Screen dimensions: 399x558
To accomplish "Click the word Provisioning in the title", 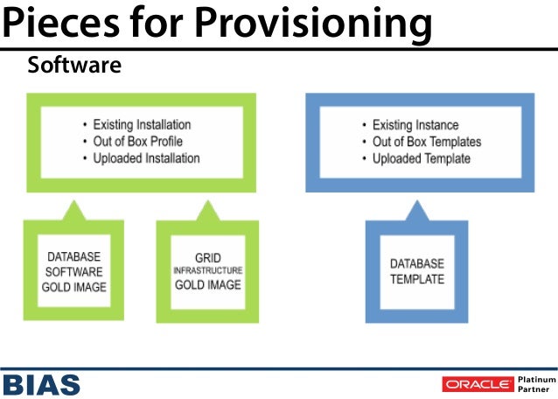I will pyautogui.click(x=314, y=24).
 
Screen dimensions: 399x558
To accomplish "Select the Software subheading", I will pyautogui.click(x=74, y=66).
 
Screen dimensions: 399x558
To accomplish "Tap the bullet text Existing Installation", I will pyautogui.click(x=142, y=125).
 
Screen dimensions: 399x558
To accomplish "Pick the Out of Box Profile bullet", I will pyautogui.click(x=138, y=142).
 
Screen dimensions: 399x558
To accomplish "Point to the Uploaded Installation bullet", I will pyautogui.click(x=147, y=158).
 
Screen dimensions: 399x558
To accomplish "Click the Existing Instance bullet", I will pyautogui.click(x=415, y=125).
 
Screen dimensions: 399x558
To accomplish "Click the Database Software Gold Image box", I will pyautogui.click(x=74, y=272).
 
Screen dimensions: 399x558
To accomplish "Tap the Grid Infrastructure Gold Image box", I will pyautogui.click(x=207, y=272).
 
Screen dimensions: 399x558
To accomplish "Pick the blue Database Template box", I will pyautogui.click(x=417, y=272).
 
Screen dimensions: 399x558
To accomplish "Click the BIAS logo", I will pyautogui.click(x=41, y=383).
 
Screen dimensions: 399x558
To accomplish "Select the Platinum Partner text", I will pyautogui.click(x=536, y=384).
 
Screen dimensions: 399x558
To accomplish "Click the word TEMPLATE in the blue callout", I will pyautogui.click(x=417, y=280).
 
